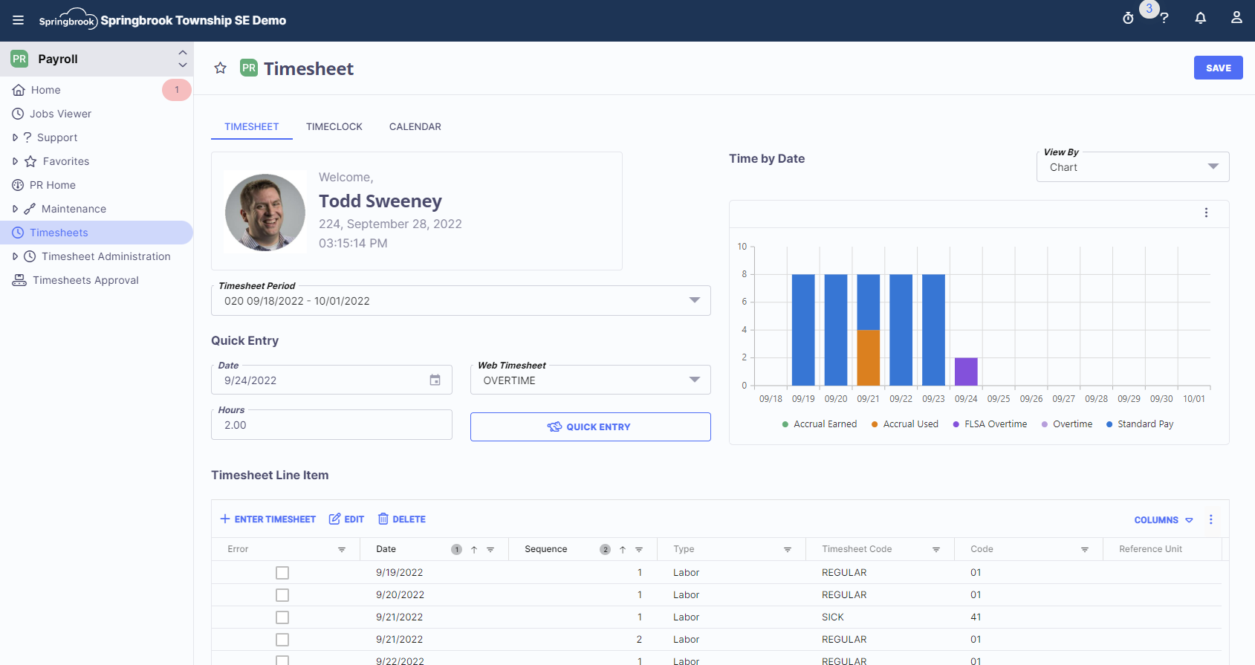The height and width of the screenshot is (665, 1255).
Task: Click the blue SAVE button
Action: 1218,68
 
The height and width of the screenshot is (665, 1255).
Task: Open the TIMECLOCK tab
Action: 334,127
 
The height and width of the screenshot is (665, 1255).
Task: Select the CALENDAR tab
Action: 415,127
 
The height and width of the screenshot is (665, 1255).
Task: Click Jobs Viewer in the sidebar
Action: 60,114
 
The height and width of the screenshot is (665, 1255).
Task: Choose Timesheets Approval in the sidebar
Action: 85,280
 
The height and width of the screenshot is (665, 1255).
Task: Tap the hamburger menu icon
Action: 19,20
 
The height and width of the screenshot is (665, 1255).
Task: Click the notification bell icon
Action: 1200,18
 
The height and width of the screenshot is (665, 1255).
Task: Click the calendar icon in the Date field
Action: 435,380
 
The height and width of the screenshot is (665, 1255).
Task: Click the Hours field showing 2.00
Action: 331,425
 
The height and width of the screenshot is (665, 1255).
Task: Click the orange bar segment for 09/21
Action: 868,357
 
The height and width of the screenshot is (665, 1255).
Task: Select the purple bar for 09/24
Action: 965,372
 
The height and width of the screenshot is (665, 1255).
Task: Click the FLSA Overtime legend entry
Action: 995,424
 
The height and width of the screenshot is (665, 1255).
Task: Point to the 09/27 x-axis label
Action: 1063,399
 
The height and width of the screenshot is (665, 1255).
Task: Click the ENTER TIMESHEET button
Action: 268,519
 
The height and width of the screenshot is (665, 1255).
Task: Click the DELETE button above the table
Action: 402,519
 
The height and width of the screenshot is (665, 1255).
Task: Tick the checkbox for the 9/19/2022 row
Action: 282,573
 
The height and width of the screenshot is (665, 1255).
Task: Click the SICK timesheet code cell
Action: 832,617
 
